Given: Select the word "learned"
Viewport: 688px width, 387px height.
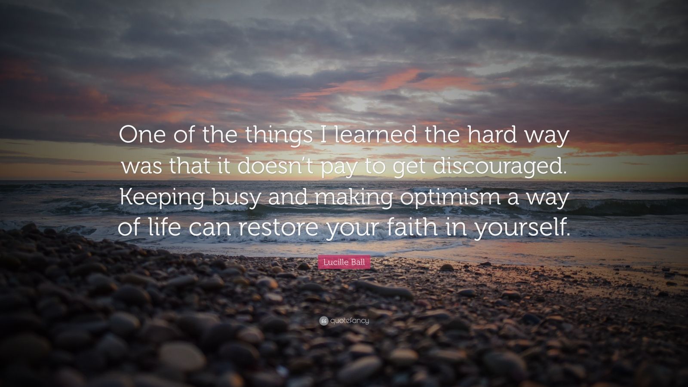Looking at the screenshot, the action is [x=375, y=135].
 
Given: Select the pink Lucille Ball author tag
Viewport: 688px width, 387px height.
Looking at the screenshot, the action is [x=344, y=262].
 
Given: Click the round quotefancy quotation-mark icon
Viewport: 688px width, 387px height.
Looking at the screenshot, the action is [x=324, y=321].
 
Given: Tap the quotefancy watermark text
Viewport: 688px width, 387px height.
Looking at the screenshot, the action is [x=350, y=321].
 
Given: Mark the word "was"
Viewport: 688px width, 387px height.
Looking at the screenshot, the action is [x=142, y=167].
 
